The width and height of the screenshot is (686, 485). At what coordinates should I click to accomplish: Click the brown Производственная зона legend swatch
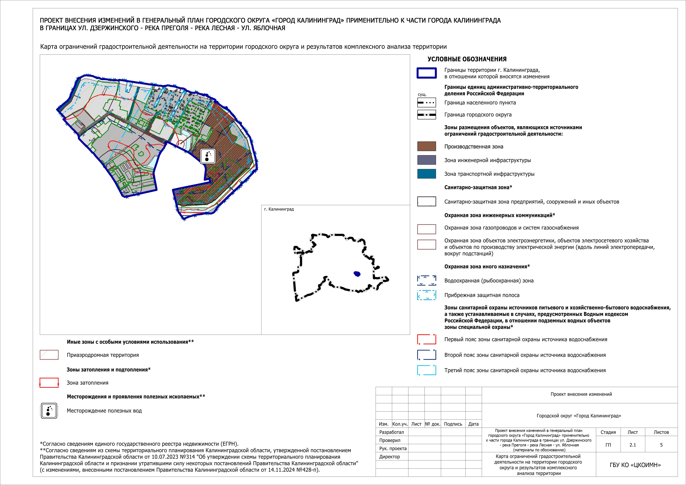click(x=426, y=146)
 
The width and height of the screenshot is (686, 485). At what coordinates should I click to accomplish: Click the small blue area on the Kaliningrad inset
click(x=357, y=274)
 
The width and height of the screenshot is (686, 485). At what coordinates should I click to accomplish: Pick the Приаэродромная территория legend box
click(x=49, y=355)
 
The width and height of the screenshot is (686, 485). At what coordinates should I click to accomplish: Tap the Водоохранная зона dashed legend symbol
click(x=426, y=280)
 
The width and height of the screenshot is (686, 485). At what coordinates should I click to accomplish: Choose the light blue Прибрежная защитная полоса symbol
click(x=426, y=295)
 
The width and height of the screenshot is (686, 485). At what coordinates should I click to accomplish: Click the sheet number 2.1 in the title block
click(x=632, y=445)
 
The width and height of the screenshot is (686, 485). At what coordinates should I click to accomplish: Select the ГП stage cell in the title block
click(x=608, y=445)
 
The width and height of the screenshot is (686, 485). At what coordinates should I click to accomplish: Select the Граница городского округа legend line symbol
click(x=426, y=115)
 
